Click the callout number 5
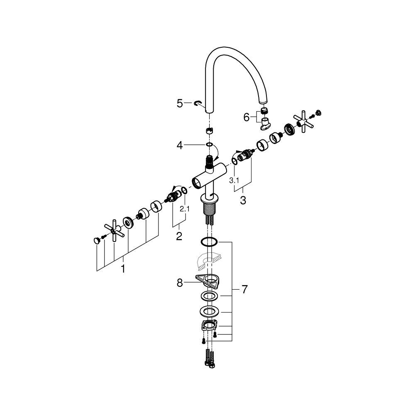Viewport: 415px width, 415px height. [x=180, y=103]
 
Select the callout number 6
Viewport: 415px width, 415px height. [x=247, y=118]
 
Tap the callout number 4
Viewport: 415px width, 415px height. [x=180, y=145]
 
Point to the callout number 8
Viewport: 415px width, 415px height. [x=180, y=283]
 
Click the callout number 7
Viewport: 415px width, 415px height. [x=244, y=289]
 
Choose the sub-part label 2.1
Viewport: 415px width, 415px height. [x=184, y=209]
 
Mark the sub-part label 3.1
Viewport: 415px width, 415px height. [x=234, y=181]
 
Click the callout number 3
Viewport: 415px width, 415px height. [x=243, y=200]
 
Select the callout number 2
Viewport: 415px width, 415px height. [x=179, y=236]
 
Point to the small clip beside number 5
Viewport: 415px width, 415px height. [x=198, y=104]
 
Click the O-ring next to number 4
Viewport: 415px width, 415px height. [x=210, y=145]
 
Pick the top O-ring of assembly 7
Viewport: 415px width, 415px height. [x=210, y=242]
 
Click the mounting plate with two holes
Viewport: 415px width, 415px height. [x=210, y=325]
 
